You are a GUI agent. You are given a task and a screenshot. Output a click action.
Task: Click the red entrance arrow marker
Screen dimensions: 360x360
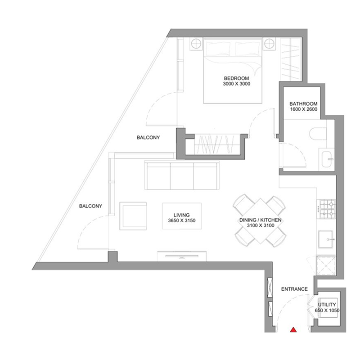293,330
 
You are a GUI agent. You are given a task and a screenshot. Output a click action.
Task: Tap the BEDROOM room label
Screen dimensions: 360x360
236,78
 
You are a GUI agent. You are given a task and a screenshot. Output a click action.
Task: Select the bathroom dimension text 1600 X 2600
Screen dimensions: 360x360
301,110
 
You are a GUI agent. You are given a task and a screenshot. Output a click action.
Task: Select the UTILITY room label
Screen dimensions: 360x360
327,305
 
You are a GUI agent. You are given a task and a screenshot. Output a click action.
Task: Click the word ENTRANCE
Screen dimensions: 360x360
294,289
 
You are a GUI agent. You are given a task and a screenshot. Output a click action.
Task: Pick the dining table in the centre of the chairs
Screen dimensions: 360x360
260,221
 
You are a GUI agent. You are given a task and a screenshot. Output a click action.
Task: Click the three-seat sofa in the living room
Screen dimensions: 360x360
182,176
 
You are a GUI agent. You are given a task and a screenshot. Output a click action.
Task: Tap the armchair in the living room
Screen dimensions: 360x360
133,216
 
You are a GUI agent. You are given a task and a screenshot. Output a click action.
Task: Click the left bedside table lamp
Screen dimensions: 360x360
196,44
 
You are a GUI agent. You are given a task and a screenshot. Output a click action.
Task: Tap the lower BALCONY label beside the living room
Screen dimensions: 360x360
90,207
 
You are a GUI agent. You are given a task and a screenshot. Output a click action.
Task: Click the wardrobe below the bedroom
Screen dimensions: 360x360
215,144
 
